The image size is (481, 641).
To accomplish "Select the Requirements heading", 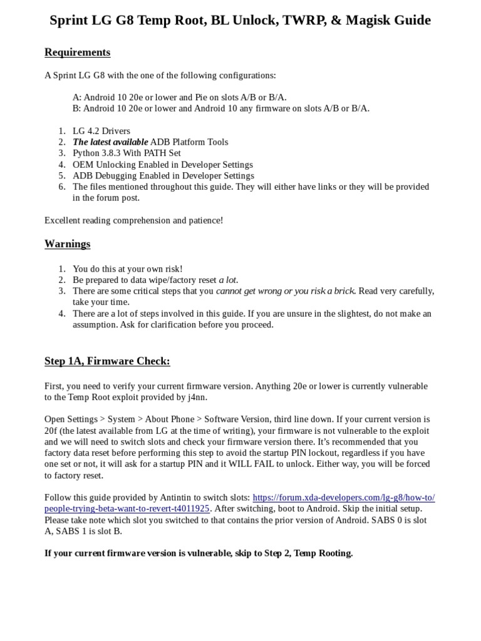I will tap(77, 53).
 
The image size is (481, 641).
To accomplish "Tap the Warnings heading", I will tap(67, 244).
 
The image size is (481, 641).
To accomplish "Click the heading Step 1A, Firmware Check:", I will tap(107, 361).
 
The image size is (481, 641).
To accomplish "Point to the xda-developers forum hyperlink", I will tap(343, 498).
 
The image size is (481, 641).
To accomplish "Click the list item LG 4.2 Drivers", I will tap(101, 131).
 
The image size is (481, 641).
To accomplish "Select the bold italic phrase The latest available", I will tap(110, 142).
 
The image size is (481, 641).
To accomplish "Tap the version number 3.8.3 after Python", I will tap(115, 153).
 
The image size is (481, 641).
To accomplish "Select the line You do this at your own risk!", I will tap(128, 269).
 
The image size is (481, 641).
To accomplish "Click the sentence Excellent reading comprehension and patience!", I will tap(133, 220).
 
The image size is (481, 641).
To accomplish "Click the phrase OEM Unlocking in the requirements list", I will tap(102, 165).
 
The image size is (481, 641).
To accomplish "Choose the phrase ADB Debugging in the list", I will tap(102, 176).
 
